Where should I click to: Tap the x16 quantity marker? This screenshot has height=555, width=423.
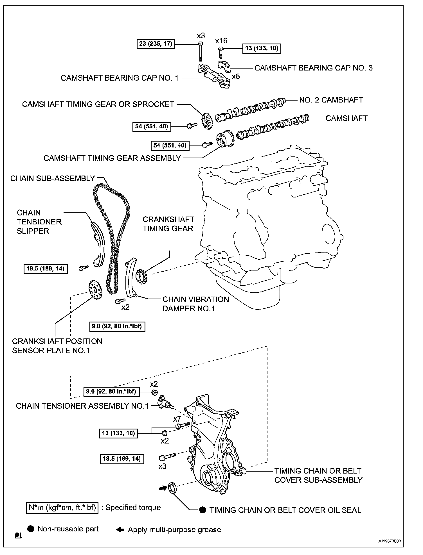tap(221, 41)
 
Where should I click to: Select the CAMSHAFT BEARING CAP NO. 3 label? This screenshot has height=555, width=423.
tap(313, 68)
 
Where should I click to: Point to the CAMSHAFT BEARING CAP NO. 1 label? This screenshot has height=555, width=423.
tap(120, 78)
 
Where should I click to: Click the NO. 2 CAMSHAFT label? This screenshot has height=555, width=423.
tap(331, 100)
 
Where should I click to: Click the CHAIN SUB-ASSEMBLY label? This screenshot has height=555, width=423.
tap(53, 178)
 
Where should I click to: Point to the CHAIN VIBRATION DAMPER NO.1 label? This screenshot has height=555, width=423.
tap(195, 304)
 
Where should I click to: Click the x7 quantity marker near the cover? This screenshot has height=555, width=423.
tap(177, 419)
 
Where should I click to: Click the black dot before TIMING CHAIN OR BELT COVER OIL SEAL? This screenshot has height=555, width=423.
tap(202, 510)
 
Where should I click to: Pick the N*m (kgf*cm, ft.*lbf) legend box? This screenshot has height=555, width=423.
tap(62, 508)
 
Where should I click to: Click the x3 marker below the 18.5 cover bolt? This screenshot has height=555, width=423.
tap(162, 466)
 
